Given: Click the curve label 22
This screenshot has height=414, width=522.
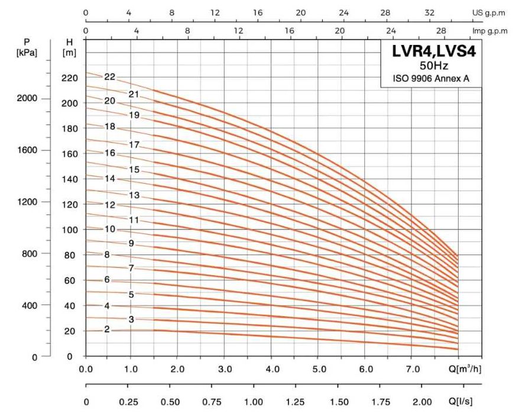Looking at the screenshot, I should [x=109, y=76].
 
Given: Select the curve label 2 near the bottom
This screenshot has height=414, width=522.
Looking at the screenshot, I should [x=107, y=329].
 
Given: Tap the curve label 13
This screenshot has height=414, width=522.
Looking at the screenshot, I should [x=134, y=195].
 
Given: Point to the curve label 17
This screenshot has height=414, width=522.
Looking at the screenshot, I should [x=134, y=144].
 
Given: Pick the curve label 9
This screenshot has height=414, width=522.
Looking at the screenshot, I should [x=131, y=243].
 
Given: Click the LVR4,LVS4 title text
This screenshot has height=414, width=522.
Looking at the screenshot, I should [x=434, y=51].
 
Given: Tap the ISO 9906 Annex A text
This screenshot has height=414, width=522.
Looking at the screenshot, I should [x=432, y=79].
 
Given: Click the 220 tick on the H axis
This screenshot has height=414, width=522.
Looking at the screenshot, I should [x=70, y=78].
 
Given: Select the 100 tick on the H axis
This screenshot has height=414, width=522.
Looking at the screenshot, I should [x=70, y=229].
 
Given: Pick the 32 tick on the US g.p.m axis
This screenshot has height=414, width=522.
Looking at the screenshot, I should [x=430, y=12].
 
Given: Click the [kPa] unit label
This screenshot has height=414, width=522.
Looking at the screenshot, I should [x=27, y=53].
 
